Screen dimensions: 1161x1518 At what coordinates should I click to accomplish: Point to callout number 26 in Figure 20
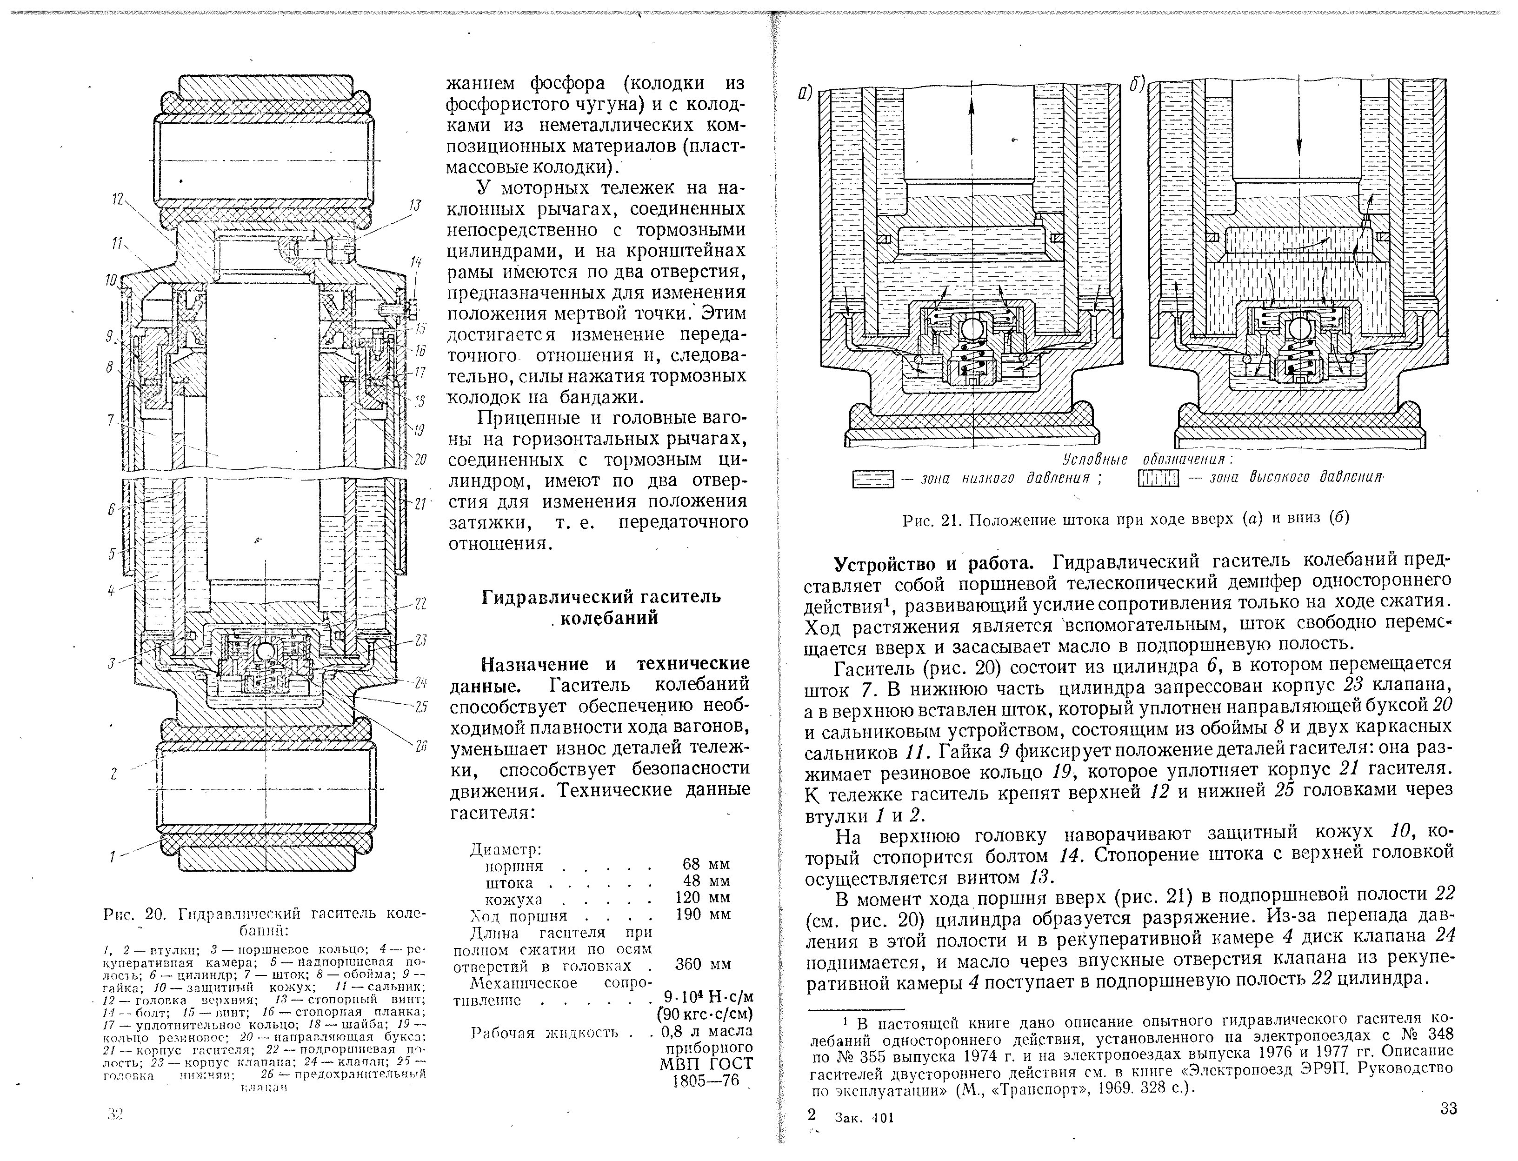(421, 746)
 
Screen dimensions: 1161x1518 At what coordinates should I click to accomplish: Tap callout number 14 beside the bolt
(415, 261)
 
